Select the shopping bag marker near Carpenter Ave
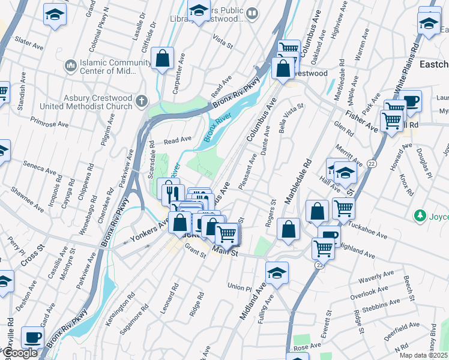coord(163,59)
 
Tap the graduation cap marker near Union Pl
coord(277,273)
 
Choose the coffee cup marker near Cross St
coord(32,337)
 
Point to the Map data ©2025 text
coord(423,355)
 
